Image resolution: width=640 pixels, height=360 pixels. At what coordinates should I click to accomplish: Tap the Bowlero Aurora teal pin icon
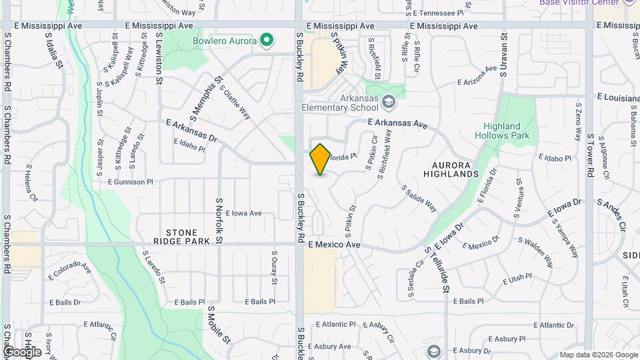click(x=267, y=41)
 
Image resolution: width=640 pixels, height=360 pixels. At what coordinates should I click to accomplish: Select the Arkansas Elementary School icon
click(x=389, y=103)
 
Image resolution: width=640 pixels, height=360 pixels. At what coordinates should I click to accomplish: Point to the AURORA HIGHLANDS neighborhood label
click(x=455, y=169)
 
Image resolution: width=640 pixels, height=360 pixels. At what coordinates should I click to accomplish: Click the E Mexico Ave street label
click(x=334, y=245)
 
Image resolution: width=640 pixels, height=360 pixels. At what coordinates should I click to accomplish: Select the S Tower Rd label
click(x=590, y=155)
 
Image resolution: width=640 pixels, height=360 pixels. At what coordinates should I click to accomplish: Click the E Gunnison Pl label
click(x=131, y=181)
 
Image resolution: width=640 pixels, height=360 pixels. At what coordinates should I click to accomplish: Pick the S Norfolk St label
click(x=218, y=220)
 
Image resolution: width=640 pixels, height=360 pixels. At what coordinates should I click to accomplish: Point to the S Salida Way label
click(x=419, y=198)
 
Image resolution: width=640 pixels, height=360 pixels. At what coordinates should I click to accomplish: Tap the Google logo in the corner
click(x=22, y=351)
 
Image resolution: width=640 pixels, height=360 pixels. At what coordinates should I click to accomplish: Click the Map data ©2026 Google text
click(x=599, y=355)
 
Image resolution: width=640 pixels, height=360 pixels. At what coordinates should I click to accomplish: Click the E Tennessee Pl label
click(x=438, y=13)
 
